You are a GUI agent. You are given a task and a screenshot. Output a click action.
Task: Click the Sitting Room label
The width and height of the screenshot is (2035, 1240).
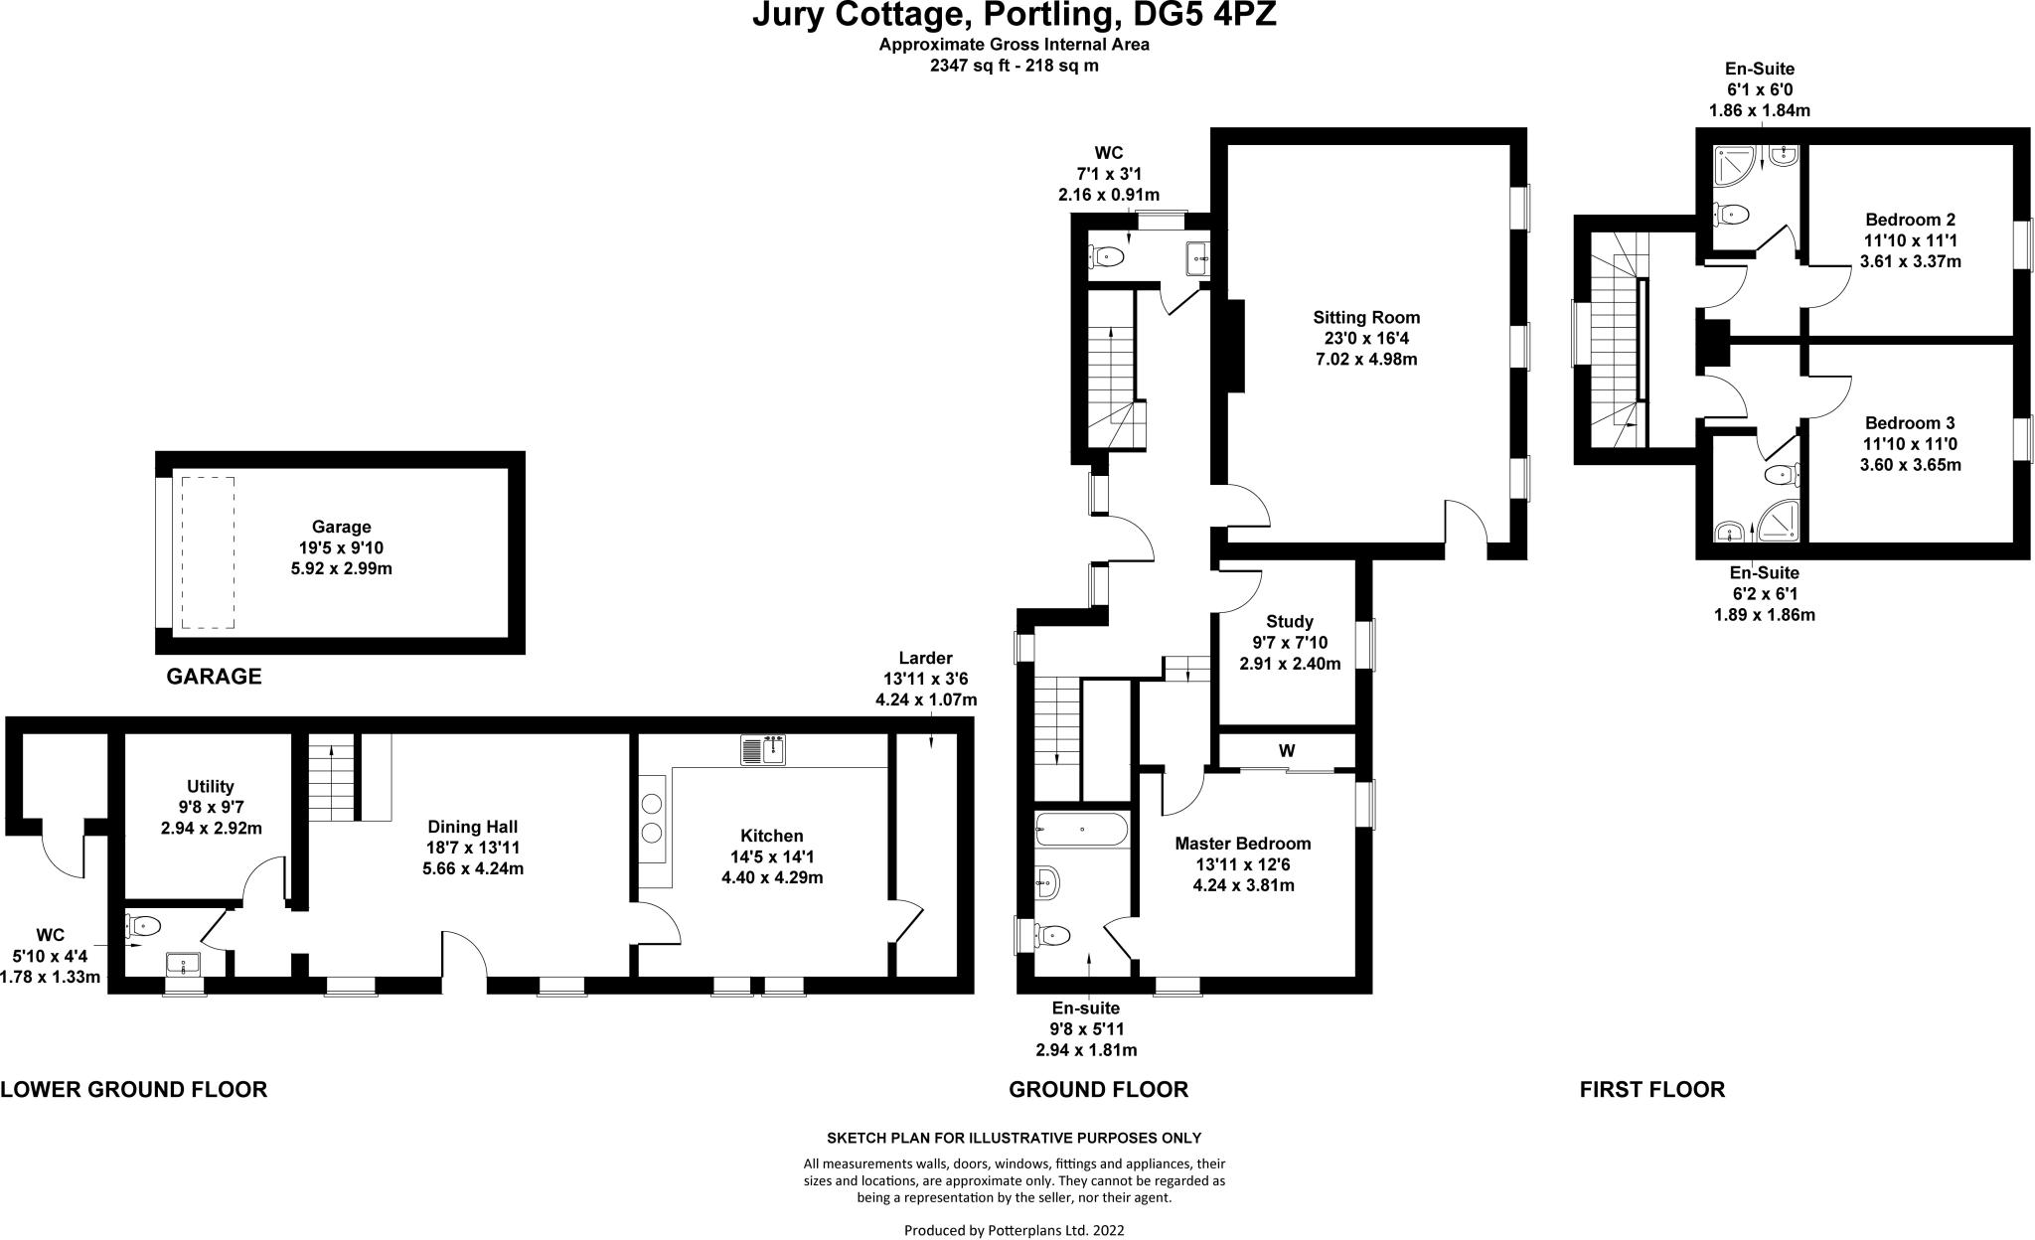[1366, 318]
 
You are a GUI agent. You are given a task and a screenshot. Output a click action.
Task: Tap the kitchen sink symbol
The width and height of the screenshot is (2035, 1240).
[762, 750]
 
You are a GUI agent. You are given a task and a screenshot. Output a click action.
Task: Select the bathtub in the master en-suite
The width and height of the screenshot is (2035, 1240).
[1081, 829]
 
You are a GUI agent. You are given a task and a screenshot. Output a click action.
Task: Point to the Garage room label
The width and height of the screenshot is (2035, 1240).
[341, 527]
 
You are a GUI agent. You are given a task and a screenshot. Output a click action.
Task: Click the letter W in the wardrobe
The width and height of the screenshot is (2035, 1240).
[1287, 751]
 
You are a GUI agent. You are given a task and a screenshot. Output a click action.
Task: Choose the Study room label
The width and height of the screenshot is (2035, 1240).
[1290, 622]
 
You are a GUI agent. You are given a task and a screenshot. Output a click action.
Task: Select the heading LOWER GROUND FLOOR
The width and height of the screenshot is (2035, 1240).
[134, 1089]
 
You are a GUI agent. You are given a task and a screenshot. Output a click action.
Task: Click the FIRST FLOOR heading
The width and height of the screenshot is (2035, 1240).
[1652, 1089]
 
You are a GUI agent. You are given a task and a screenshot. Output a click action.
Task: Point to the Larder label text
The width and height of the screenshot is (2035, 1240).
[925, 658]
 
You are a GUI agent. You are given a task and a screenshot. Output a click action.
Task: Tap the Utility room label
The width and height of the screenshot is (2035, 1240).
[211, 786]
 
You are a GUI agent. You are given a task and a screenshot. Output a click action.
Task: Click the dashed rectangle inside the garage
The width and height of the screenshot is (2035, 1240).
[207, 551]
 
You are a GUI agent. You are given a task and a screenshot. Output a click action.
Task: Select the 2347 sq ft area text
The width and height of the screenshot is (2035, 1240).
[1014, 66]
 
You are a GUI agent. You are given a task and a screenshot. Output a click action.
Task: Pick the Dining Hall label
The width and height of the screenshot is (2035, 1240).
[473, 827]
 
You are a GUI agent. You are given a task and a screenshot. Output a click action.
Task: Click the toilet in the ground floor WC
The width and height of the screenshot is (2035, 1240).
[1106, 257]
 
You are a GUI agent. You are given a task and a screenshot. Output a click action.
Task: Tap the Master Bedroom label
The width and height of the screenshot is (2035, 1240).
[1243, 844]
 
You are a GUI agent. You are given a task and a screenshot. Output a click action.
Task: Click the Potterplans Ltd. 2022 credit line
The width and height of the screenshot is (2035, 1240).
[1014, 1230]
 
